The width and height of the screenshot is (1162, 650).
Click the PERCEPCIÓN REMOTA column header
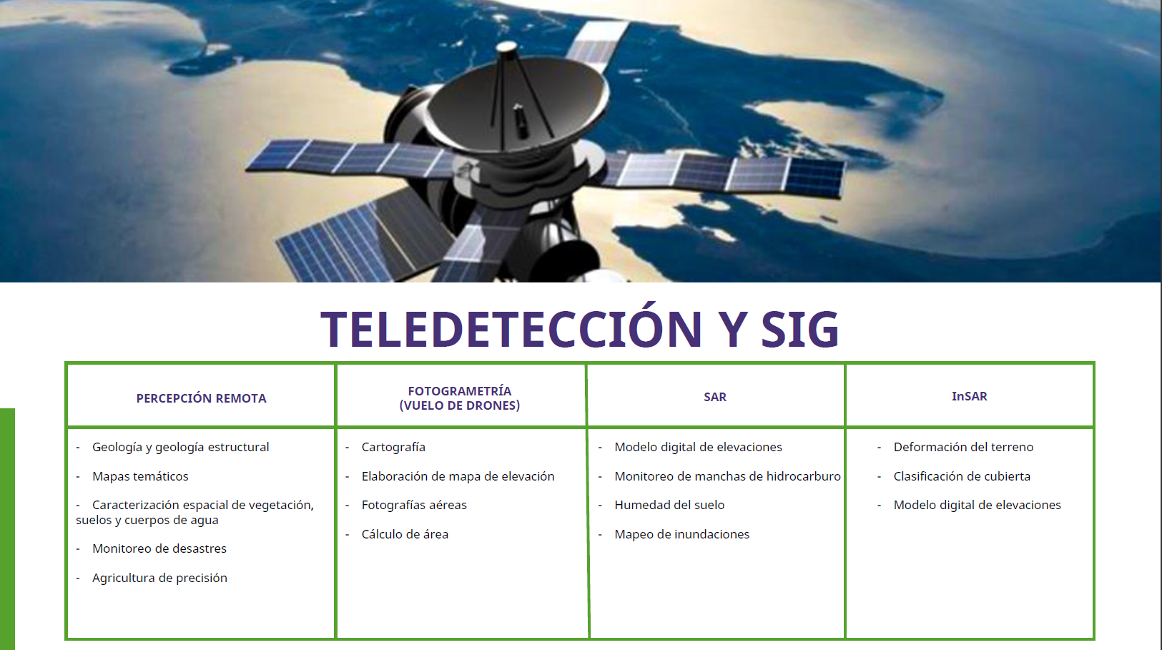point(201,398)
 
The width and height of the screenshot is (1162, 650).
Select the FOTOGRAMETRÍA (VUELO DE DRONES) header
point(460,398)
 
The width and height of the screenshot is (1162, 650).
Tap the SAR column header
point(715,397)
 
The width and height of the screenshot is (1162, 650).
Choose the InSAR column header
point(969,396)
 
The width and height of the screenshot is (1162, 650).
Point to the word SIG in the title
point(799,329)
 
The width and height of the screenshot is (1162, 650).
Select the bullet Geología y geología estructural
point(180,447)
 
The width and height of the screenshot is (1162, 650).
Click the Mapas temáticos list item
point(140,476)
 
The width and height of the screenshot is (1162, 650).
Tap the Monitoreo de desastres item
point(159,548)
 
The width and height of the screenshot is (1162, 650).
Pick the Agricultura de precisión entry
point(159,578)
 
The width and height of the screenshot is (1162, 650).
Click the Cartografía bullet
point(393,447)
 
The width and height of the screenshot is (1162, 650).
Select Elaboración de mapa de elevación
point(458,476)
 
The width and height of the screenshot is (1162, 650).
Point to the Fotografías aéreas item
point(414,505)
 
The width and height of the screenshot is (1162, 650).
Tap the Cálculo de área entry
point(405,534)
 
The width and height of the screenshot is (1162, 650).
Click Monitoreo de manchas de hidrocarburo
point(727,476)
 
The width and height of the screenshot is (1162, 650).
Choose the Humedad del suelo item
point(669,505)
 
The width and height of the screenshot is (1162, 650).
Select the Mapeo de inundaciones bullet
point(681,534)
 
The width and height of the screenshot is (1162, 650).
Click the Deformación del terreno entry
point(963,447)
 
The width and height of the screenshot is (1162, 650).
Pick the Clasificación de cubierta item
point(962,476)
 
